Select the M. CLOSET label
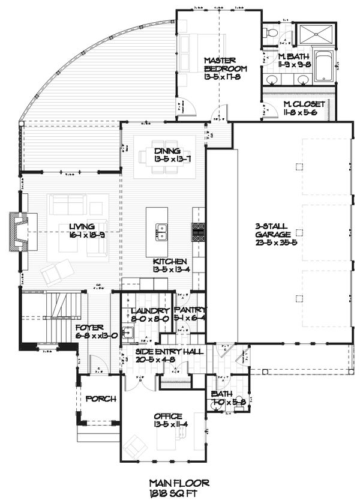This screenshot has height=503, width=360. (x=305, y=104)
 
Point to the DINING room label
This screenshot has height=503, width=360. (x=163, y=151)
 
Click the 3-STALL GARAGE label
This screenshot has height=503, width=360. (x=273, y=230)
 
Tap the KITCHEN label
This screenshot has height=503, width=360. (x=170, y=262)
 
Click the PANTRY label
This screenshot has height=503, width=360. (x=190, y=310)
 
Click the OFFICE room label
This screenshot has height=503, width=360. (x=169, y=416)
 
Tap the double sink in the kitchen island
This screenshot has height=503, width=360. (x=161, y=231)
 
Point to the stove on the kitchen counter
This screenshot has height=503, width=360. (x=199, y=231)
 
